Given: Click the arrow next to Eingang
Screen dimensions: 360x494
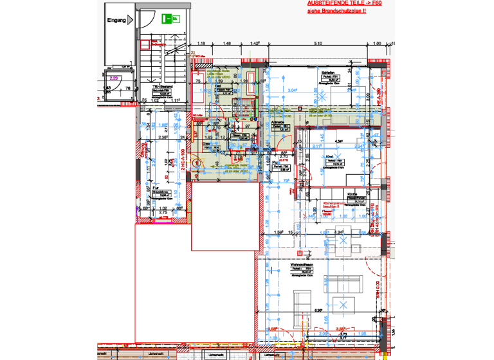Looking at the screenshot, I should pyautogui.click(x=131, y=20).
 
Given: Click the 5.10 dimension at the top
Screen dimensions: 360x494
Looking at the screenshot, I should pyautogui.click(x=317, y=44).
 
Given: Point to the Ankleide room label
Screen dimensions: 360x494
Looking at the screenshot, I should pyautogui.click(x=278, y=121).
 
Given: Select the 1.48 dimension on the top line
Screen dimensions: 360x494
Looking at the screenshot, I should pyautogui.click(x=227, y=44).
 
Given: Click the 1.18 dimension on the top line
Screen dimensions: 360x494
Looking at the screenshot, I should pyautogui.click(x=201, y=44).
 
